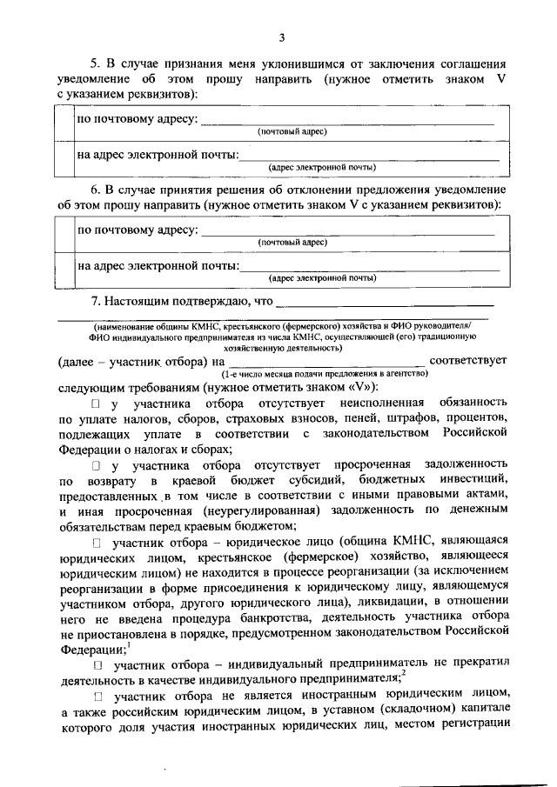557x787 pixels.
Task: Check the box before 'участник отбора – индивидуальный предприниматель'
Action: click(x=97, y=665)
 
